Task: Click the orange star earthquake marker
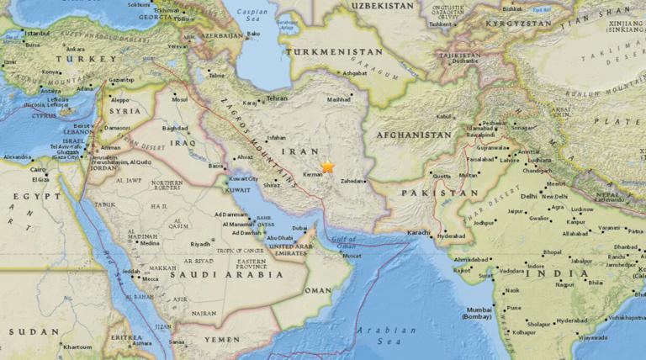coord(327,167)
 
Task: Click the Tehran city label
coord(277,98)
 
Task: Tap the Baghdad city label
coord(175,129)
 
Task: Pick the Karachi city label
coord(418,232)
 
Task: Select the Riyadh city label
coord(200,244)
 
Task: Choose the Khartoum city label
coord(76,347)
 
